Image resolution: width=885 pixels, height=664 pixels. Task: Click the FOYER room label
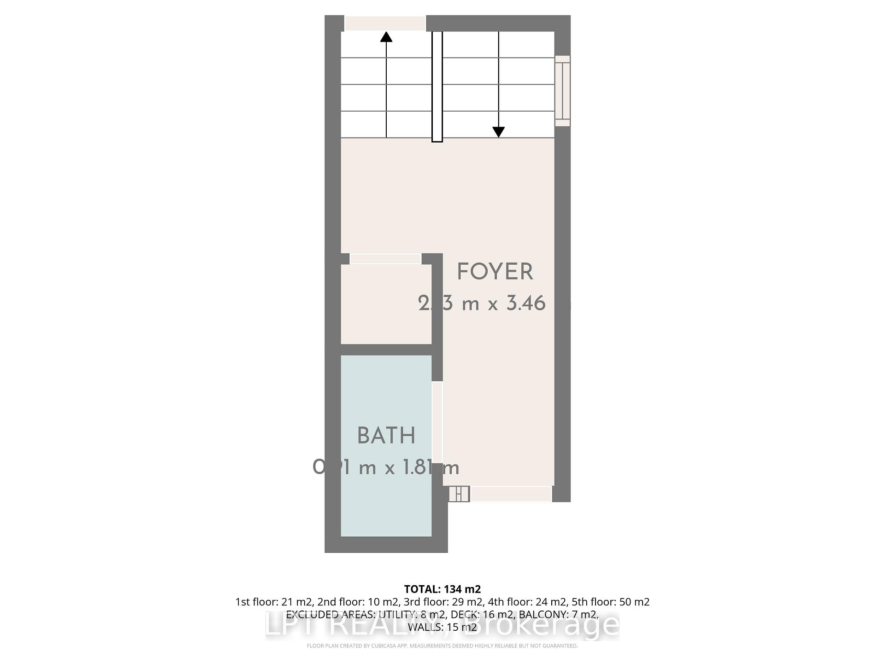pyautogui.click(x=495, y=272)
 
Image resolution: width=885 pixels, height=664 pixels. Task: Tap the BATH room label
pyautogui.click(x=386, y=436)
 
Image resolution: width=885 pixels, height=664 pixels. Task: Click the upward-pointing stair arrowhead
pyautogui.click(x=386, y=37)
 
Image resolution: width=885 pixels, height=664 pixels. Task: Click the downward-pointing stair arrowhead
pyautogui.click(x=498, y=132)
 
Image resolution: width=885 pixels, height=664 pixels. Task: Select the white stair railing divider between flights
pyautogui.click(x=437, y=86)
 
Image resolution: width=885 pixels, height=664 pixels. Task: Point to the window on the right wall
pyautogui.click(x=562, y=91)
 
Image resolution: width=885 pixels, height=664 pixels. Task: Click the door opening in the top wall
pyautogui.click(x=385, y=23)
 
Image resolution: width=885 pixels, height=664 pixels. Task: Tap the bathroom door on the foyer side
pyautogui.click(x=437, y=422)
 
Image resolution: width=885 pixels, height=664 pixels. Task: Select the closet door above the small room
pyautogui.click(x=385, y=259)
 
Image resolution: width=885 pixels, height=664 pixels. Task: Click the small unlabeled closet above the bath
pyautogui.click(x=386, y=304)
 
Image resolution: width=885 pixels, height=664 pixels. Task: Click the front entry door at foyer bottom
pyautogui.click(x=511, y=494)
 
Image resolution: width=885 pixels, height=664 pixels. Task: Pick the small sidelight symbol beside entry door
pyautogui.click(x=459, y=494)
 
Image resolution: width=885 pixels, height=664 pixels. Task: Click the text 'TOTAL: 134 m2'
pyautogui.click(x=442, y=589)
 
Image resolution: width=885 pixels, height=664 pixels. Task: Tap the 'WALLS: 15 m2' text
pyautogui.click(x=442, y=627)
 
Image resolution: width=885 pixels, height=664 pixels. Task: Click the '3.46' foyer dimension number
pyautogui.click(x=526, y=303)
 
